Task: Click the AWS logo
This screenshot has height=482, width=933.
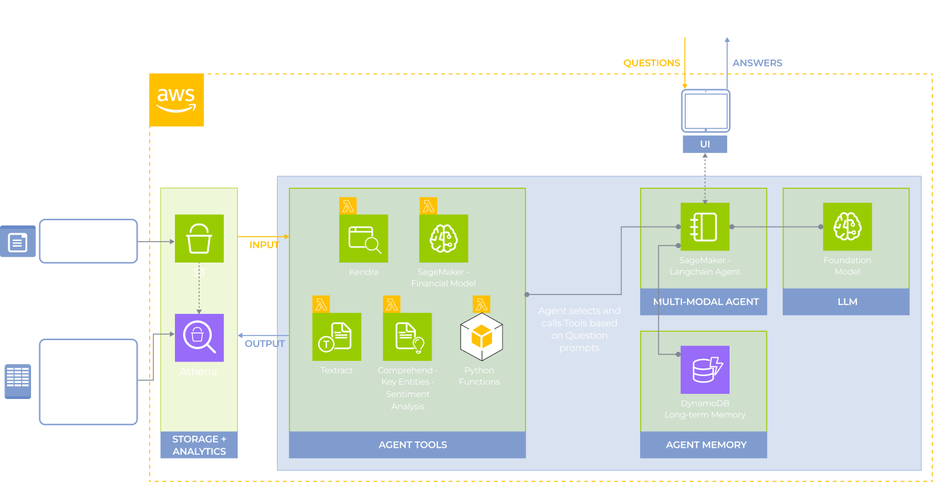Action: (x=176, y=100)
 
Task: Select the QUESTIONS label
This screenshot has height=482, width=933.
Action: (x=652, y=63)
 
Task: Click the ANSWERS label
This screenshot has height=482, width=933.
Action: (x=757, y=63)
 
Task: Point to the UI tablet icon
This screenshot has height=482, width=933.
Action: (x=705, y=111)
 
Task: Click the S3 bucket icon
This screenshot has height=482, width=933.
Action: (x=199, y=238)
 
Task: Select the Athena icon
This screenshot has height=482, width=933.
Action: (x=199, y=337)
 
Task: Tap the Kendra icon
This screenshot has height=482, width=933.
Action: (x=364, y=238)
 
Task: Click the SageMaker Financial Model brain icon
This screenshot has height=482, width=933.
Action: (x=444, y=238)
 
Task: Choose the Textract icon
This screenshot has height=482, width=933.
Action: (x=337, y=337)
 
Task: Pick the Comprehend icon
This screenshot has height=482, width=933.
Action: (x=407, y=337)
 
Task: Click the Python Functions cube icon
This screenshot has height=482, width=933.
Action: (x=481, y=337)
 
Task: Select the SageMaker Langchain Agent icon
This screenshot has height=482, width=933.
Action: (x=705, y=226)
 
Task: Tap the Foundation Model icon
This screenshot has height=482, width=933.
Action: (x=847, y=226)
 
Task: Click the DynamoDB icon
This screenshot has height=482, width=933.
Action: (x=705, y=370)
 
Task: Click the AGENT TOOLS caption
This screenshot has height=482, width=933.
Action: (x=413, y=445)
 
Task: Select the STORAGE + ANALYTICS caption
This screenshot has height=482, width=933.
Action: (x=199, y=445)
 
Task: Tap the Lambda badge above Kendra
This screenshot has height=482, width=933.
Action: (x=348, y=205)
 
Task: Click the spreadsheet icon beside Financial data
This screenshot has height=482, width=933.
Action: (x=18, y=381)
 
